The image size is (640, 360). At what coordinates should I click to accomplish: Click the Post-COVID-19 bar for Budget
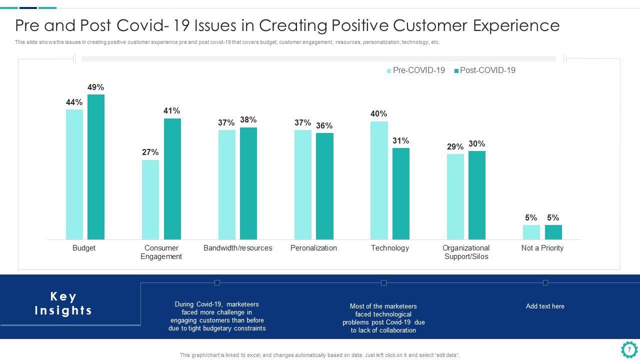tap(96, 167)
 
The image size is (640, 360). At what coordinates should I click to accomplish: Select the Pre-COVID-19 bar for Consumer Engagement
tap(150, 199)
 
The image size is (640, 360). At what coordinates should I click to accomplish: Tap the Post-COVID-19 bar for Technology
tap(401, 193)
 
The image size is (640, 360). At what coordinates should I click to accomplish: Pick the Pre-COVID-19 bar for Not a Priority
tap(531, 232)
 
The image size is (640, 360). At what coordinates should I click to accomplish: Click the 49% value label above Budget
tap(96, 87)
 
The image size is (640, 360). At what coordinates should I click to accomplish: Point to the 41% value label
tap(172, 111)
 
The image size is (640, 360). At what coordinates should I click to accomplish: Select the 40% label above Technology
tap(379, 114)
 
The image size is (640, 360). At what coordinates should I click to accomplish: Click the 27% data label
tap(150, 152)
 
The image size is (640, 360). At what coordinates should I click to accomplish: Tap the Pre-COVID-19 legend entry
tap(416, 70)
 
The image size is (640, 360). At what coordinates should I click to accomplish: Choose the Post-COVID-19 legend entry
tap(485, 70)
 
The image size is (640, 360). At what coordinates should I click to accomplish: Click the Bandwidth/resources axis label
tap(238, 248)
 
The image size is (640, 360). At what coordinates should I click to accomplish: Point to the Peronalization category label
tap(313, 248)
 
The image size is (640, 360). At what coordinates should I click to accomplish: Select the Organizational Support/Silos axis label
tap(466, 252)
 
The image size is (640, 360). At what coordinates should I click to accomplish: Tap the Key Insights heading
tap(63, 303)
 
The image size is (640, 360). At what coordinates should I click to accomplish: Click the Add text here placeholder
tap(545, 306)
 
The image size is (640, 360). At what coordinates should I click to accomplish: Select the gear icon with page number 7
tap(629, 349)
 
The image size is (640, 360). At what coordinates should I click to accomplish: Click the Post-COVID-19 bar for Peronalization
tap(324, 186)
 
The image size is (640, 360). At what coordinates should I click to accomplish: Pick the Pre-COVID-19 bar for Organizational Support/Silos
tap(455, 196)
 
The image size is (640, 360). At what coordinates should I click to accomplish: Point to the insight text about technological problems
tap(383, 318)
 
